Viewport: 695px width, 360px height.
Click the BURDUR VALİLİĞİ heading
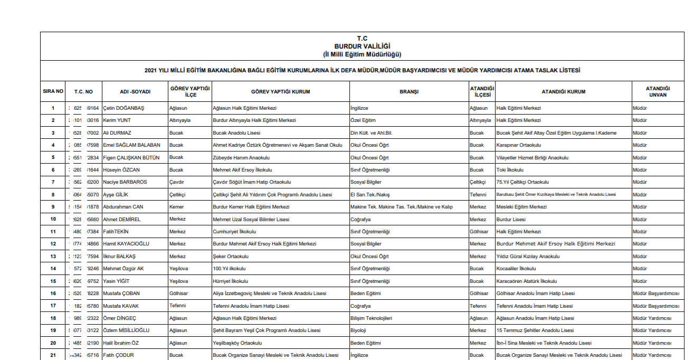(362, 46)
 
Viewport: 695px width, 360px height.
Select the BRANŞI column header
(409, 92)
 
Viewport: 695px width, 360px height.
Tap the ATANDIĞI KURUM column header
(563, 92)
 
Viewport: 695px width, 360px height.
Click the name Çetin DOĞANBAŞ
(123, 108)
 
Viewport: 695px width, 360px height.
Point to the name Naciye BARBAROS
(125, 182)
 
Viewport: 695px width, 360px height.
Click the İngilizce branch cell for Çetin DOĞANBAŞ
(359, 108)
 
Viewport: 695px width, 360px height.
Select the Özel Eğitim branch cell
(363, 120)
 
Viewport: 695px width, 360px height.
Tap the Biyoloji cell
(358, 330)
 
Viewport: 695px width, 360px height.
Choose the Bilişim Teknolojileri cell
(371, 318)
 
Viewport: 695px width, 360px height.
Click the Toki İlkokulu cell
(510, 170)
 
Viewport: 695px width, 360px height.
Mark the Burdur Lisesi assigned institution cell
(511, 220)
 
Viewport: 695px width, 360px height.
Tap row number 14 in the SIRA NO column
(53, 269)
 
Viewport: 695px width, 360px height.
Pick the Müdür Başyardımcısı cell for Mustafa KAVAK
(655, 306)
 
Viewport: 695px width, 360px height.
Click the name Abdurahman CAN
(123, 207)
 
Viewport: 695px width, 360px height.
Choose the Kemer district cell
(177, 207)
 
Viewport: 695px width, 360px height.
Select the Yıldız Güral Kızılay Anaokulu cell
(528, 257)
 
